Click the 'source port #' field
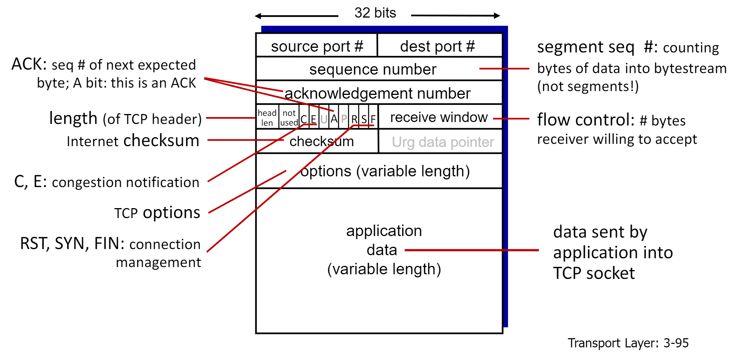pos(317,46)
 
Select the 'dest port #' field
pos(437,46)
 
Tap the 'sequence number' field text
pos(373,70)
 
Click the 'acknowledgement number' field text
pos(377,93)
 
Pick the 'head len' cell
pos(267,117)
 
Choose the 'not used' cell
pos(289,117)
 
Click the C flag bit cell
pos(304,119)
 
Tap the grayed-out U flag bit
pos(324,119)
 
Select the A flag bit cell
pos(334,119)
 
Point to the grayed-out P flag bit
pos(344,119)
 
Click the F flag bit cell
pos(373,119)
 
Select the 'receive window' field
pos(439,117)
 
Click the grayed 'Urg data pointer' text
pos(443,142)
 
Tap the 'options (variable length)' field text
pos(385,171)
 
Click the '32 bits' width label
pos(375,13)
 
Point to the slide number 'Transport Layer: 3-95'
pos(628,343)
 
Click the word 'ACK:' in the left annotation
pos(29,64)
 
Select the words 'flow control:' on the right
pos(585,120)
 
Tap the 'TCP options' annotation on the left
pos(157,213)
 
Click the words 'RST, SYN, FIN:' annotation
pos(72,243)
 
